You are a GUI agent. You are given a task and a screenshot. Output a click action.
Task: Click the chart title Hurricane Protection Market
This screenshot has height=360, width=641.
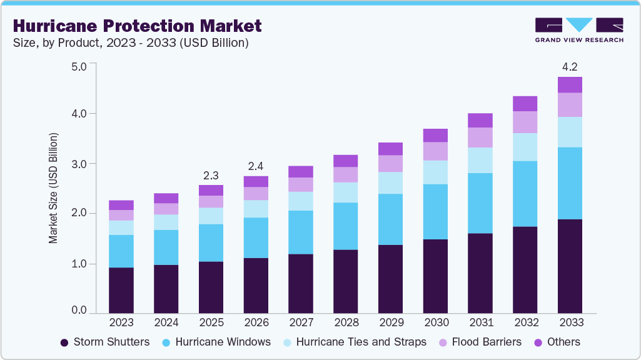pos(137,26)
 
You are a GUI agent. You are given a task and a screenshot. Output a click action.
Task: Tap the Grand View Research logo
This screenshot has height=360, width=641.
pos(578,29)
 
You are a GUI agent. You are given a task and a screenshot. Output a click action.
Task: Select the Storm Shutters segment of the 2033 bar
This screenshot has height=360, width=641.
pos(570,266)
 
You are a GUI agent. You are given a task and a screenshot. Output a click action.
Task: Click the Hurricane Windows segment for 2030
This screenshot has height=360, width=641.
pos(435,211)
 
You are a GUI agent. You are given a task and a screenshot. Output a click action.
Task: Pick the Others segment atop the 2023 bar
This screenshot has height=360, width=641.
pos(121,205)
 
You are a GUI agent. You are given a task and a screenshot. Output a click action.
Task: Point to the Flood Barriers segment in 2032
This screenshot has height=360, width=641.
pos(525,122)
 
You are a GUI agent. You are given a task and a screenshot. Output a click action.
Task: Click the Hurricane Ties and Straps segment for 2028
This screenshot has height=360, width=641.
pos(345,192)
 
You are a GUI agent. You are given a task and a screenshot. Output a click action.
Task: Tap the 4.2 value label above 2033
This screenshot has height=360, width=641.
pos(570,66)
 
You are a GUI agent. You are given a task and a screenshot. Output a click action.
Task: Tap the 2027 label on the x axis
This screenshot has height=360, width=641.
pos(301,322)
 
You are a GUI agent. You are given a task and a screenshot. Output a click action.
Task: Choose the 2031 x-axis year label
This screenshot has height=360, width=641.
pos(480,322)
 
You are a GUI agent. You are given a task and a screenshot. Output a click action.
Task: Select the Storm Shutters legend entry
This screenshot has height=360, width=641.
pos(104,342)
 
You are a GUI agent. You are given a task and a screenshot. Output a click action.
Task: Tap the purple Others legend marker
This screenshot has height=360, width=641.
pos(537,342)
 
